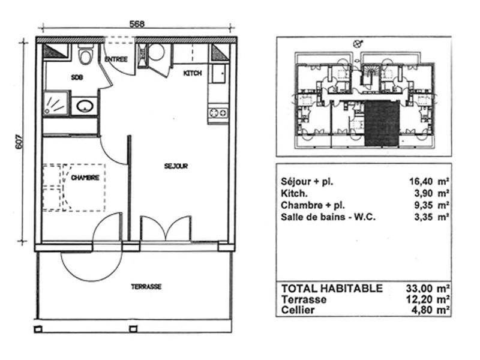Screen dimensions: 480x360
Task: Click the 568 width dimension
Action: pyautogui.click(x=137, y=24)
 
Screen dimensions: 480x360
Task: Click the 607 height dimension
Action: pyautogui.click(x=19, y=142)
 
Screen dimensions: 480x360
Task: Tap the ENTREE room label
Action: pyautogui.click(x=116, y=59)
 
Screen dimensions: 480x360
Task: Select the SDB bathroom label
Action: pyautogui.click(x=77, y=77)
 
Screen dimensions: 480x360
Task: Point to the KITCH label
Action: pyautogui.click(x=193, y=73)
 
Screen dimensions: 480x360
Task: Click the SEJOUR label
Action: pyautogui.click(x=176, y=166)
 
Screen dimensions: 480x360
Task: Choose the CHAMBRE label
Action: pyautogui.click(x=85, y=178)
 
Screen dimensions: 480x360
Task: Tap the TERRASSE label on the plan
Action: pyautogui.click(x=146, y=287)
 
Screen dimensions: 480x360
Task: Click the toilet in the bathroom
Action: pyautogui.click(x=86, y=54)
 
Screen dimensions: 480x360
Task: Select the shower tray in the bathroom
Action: pyautogui.click(x=56, y=103)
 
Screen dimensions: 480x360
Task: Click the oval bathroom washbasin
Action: pyautogui.click(x=85, y=106)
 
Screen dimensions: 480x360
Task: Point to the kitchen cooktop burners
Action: pyautogui.click(x=218, y=113)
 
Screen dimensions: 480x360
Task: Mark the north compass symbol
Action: pyautogui.click(x=357, y=44)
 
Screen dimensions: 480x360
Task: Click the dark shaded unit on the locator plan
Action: pyautogui.click(x=382, y=124)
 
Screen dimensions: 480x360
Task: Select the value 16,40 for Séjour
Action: pyautogui.click(x=421, y=182)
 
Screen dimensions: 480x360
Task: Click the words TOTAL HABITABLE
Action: pyautogui.click(x=332, y=289)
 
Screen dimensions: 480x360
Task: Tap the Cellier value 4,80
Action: pyautogui.click(x=422, y=310)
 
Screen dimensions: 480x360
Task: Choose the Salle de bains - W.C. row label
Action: pyautogui.click(x=328, y=217)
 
